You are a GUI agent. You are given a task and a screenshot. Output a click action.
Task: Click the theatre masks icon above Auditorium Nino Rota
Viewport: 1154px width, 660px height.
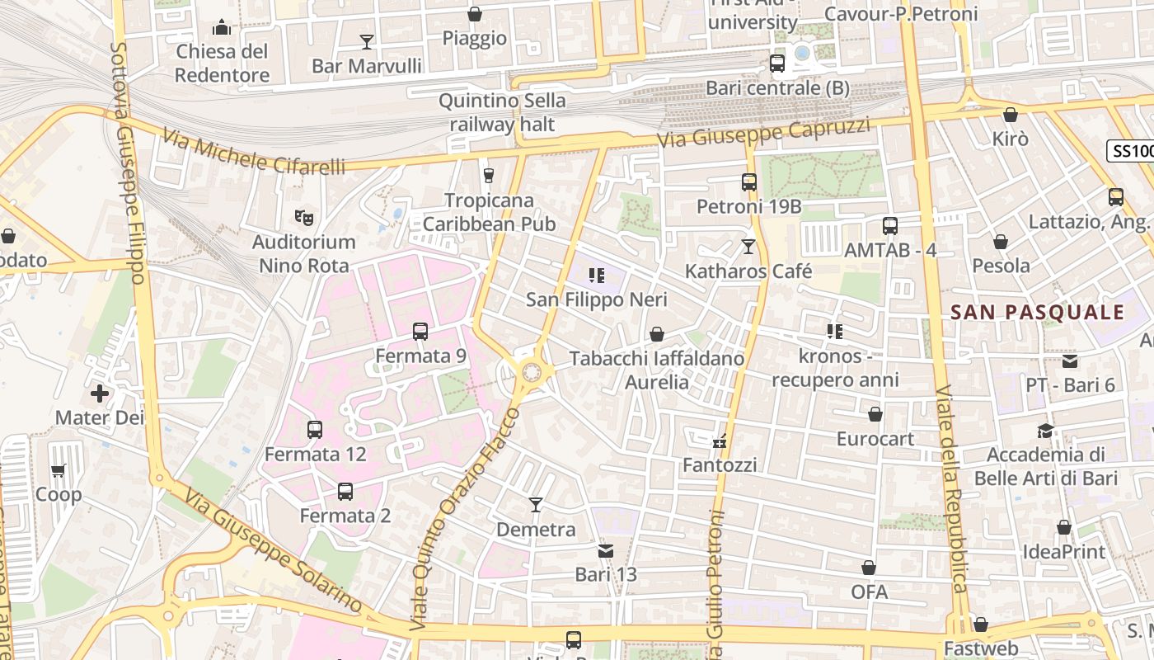[x=304, y=218]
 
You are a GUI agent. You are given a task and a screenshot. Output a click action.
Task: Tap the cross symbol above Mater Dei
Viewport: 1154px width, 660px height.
[x=100, y=394]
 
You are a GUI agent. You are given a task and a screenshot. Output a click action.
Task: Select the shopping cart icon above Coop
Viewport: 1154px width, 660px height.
[x=58, y=471]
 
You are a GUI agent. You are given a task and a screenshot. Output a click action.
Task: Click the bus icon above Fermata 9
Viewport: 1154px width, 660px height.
[x=420, y=332]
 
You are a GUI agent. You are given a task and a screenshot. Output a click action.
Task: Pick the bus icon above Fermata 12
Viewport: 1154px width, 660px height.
[x=315, y=430]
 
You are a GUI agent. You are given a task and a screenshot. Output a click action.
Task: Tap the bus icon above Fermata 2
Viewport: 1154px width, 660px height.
[x=345, y=492]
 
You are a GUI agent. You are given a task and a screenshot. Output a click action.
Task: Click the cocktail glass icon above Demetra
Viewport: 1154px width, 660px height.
[x=536, y=505]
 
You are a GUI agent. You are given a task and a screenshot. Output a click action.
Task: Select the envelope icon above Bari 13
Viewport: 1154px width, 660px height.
[x=606, y=550]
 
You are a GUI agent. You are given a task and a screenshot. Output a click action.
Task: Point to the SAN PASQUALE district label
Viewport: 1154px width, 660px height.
[x=1037, y=313]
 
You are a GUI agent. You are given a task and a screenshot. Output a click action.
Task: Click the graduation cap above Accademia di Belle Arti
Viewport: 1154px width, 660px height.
[x=1046, y=431]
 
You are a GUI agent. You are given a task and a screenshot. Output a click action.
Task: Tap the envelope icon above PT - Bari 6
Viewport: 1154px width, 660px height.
[x=1070, y=361]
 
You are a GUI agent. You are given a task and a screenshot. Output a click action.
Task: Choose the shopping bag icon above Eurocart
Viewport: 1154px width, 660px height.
[x=875, y=414]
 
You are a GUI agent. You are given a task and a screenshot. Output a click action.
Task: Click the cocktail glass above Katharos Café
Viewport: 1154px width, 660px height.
[x=748, y=247]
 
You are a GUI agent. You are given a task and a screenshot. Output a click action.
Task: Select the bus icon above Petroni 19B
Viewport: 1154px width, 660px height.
[x=749, y=182]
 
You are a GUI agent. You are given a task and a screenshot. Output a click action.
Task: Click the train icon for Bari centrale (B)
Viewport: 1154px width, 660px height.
[x=776, y=64]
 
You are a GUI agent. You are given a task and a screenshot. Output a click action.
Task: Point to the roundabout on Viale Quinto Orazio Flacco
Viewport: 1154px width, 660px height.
[x=532, y=373]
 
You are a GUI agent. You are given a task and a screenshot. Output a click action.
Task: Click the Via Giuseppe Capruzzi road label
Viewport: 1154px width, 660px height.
[x=763, y=134]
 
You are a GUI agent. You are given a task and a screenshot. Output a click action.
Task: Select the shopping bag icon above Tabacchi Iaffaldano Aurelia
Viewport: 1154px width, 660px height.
[x=657, y=334]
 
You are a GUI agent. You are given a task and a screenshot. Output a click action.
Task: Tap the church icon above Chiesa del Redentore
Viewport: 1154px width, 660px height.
[x=222, y=28]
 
